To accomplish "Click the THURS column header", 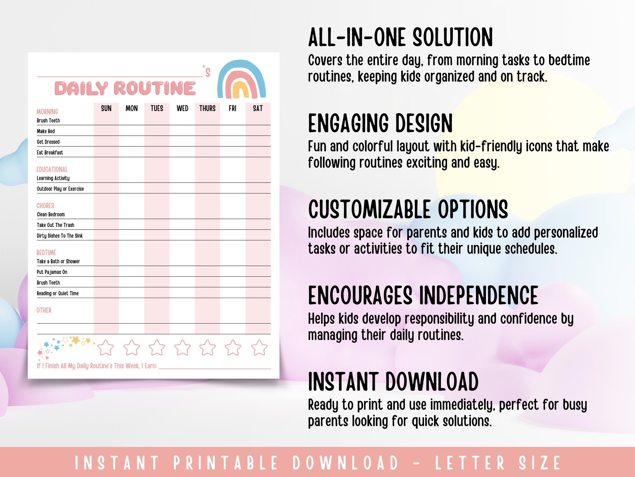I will tap(207, 108).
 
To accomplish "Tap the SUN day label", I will tap(106, 108).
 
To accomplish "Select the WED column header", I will tap(182, 108).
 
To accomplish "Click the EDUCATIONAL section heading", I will tap(52, 169).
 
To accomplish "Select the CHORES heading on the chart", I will tap(45, 206).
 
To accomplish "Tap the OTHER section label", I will tap(44, 310).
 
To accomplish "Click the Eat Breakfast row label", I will tap(50, 153).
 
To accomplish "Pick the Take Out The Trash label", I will tap(55, 225).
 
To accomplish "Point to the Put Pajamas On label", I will tap(52, 272).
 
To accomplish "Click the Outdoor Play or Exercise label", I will tap(60, 189).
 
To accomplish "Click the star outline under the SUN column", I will tap(106, 348).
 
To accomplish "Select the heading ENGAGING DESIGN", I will tap(380, 123).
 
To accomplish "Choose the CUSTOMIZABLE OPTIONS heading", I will tap(408, 210).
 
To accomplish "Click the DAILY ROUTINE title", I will tap(125, 88).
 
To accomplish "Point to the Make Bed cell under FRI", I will tap(233, 131).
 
